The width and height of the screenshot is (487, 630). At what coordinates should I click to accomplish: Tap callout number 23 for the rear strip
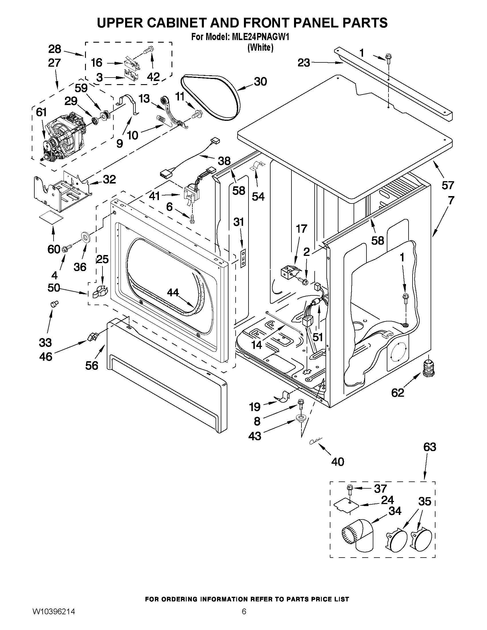pos(304,63)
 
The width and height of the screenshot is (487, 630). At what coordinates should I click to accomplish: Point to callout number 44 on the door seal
pos(173,293)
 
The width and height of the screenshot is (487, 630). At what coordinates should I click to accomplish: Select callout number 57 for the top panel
pos(448,185)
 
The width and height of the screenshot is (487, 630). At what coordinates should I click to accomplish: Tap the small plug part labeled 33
pos(54,303)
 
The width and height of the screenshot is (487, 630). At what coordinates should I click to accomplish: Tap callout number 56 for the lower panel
pos(92,366)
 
